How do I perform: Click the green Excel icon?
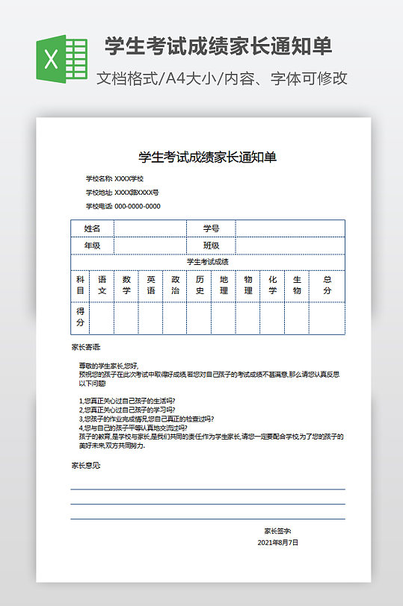(62, 58)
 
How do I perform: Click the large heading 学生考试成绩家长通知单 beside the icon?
(218, 46)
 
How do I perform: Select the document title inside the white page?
(207, 157)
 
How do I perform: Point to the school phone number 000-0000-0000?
(137, 206)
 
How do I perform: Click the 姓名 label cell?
(92, 228)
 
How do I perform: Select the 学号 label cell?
(211, 228)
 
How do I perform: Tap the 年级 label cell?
(92, 246)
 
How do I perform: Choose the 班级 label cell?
(211, 246)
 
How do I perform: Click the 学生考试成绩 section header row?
(207, 262)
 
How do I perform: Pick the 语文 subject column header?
(102, 284)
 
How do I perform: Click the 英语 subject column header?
(150, 284)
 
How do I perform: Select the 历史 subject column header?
(199, 284)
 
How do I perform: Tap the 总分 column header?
(327, 284)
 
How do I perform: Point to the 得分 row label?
(80, 316)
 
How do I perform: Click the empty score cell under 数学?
(126, 317)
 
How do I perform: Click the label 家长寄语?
(85, 347)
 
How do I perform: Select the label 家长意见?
(85, 465)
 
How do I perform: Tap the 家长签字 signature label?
(277, 531)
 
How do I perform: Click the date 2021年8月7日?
(277, 543)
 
